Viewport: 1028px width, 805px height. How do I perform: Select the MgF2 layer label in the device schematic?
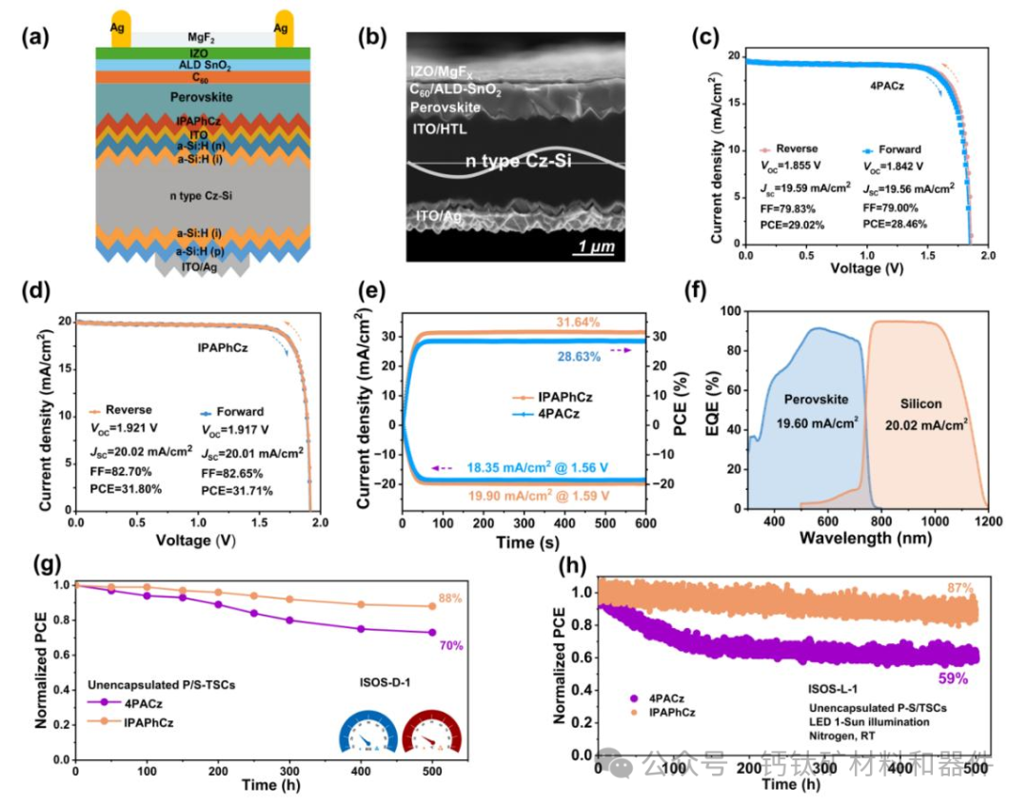[x=199, y=37]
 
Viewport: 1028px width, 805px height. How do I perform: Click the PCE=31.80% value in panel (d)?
[x=127, y=489]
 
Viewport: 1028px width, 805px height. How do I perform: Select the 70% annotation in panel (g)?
[x=450, y=646]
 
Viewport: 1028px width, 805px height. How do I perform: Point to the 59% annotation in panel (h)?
[x=956, y=679]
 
